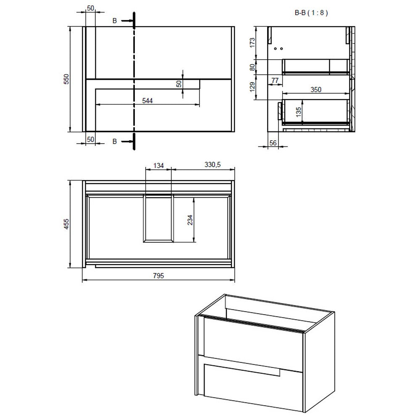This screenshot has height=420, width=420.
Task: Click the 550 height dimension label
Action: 66,79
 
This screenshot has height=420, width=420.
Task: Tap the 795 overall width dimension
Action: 158,276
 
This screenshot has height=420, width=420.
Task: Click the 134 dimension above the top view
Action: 158,165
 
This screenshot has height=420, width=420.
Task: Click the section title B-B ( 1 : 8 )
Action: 311,13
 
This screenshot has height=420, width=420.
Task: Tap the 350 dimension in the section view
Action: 315,89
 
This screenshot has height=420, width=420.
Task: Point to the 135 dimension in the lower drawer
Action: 299,113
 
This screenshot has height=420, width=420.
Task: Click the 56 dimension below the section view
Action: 273,143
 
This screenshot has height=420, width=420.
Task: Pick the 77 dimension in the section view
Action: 275,80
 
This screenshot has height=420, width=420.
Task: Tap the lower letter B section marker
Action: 114,142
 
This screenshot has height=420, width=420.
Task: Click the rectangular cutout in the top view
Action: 158,218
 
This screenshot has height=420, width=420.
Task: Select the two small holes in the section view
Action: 278,49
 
